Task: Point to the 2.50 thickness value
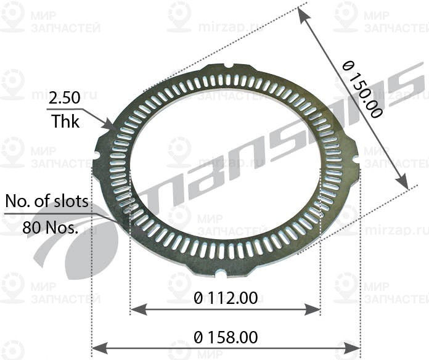pos(65,98)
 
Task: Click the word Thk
pos(65,121)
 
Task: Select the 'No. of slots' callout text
pos(47,202)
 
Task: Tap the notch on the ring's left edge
pos(96,155)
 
